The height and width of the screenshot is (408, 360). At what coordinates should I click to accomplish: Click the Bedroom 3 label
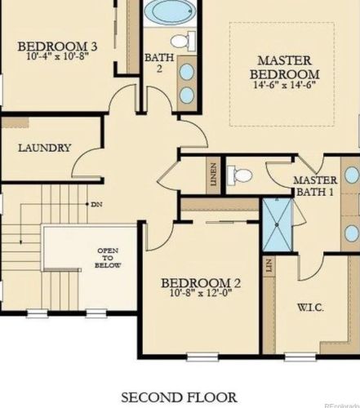(x=57, y=47)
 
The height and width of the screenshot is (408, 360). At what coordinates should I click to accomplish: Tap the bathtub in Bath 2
(x=169, y=10)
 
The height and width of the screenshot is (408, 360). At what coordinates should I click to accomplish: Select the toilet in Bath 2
(x=183, y=41)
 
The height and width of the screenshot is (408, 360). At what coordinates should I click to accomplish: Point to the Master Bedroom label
(x=284, y=67)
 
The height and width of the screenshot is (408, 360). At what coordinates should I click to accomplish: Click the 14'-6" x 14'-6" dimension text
(x=284, y=85)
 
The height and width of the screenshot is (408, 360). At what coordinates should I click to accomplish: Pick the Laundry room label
(x=45, y=148)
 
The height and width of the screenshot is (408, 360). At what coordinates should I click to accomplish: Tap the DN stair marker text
(x=97, y=204)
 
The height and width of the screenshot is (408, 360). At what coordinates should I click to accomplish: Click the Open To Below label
(x=108, y=258)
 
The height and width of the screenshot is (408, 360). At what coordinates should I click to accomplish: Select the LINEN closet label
(x=214, y=175)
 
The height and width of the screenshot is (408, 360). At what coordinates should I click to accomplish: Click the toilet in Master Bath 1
(x=239, y=175)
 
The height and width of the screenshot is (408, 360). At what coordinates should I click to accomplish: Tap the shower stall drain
(x=277, y=225)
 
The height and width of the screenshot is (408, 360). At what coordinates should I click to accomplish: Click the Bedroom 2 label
(x=201, y=283)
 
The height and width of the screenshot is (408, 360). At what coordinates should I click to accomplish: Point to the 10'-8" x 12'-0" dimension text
(x=201, y=293)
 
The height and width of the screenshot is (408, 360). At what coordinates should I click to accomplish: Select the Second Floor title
(x=179, y=397)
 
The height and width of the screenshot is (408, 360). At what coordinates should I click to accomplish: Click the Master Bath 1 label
(x=315, y=186)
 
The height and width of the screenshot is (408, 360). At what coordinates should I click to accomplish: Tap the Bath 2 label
(x=159, y=63)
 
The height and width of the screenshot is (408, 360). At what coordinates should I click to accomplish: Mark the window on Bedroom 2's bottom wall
(x=202, y=357)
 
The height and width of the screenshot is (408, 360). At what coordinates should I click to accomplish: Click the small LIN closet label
(x=269, y=265)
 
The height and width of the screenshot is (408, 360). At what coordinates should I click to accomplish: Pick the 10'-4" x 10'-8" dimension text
(x=58, y=56)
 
